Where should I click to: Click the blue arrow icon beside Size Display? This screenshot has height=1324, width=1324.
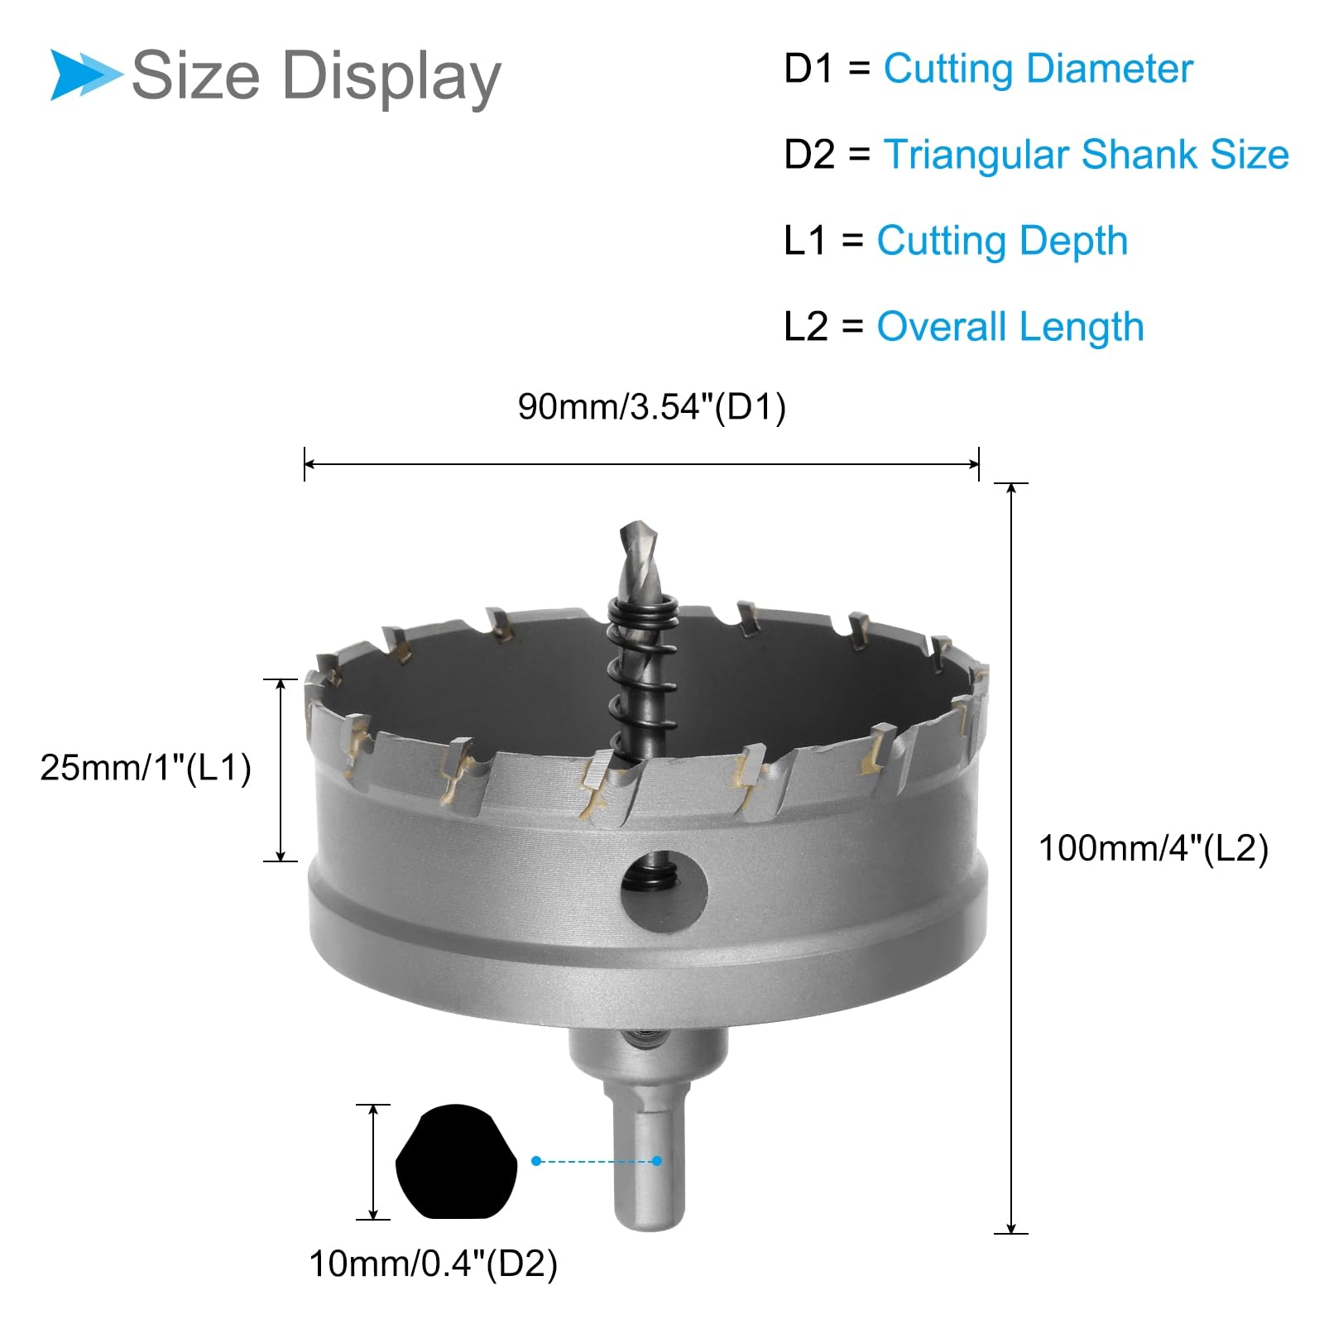(x=85, y=74)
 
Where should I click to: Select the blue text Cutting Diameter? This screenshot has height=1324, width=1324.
(x=1038, y=69)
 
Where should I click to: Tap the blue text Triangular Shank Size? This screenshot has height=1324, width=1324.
(x=1086, y=155)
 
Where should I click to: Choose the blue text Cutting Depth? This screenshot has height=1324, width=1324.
(x=1002, y=241)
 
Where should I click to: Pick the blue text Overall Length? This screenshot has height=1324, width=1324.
(x=1010, y=327)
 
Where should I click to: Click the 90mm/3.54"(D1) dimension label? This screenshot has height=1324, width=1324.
(x=652, y=407)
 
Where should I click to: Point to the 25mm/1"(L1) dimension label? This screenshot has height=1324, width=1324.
(x=146, y=768)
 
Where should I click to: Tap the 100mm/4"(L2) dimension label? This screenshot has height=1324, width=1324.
(x=1154, y=849)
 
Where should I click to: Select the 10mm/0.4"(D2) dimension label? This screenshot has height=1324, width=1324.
(x=434, y=1264)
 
